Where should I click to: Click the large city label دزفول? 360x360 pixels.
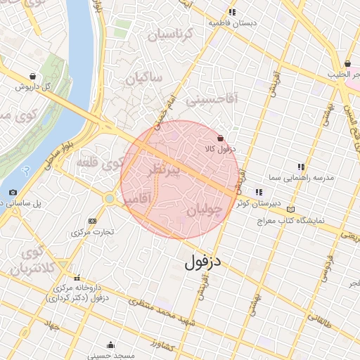pos(204,262)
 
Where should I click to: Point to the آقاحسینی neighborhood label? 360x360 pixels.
pos(213,101)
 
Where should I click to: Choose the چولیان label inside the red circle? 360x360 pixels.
pos(205,210)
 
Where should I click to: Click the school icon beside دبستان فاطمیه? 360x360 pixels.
pos(232,12)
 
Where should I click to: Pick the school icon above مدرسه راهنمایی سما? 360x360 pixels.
pos(301,167)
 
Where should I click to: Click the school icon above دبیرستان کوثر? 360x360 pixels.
pos(259,191)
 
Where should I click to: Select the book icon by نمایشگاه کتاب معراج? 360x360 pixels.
pos(291,210)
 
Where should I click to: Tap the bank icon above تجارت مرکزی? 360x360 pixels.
pos(92,221)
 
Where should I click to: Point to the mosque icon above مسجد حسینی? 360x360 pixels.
pos(110,345)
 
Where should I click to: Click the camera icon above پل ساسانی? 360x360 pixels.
pos(13,192)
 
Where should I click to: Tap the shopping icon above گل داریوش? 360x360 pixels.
pos(33,76)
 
